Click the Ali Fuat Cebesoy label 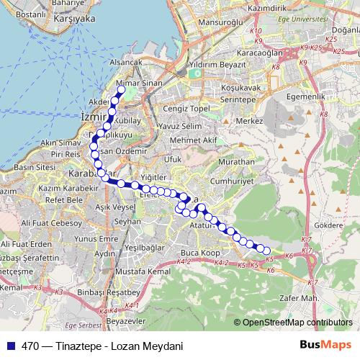coord(53,224)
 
